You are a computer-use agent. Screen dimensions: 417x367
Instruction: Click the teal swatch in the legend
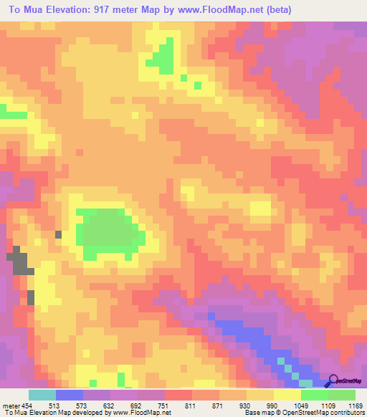click(x=42, y=395)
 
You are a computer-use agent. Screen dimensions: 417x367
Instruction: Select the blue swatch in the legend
click(x=70, y=395)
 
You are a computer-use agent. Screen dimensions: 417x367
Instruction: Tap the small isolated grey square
click(x=58, y=234)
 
